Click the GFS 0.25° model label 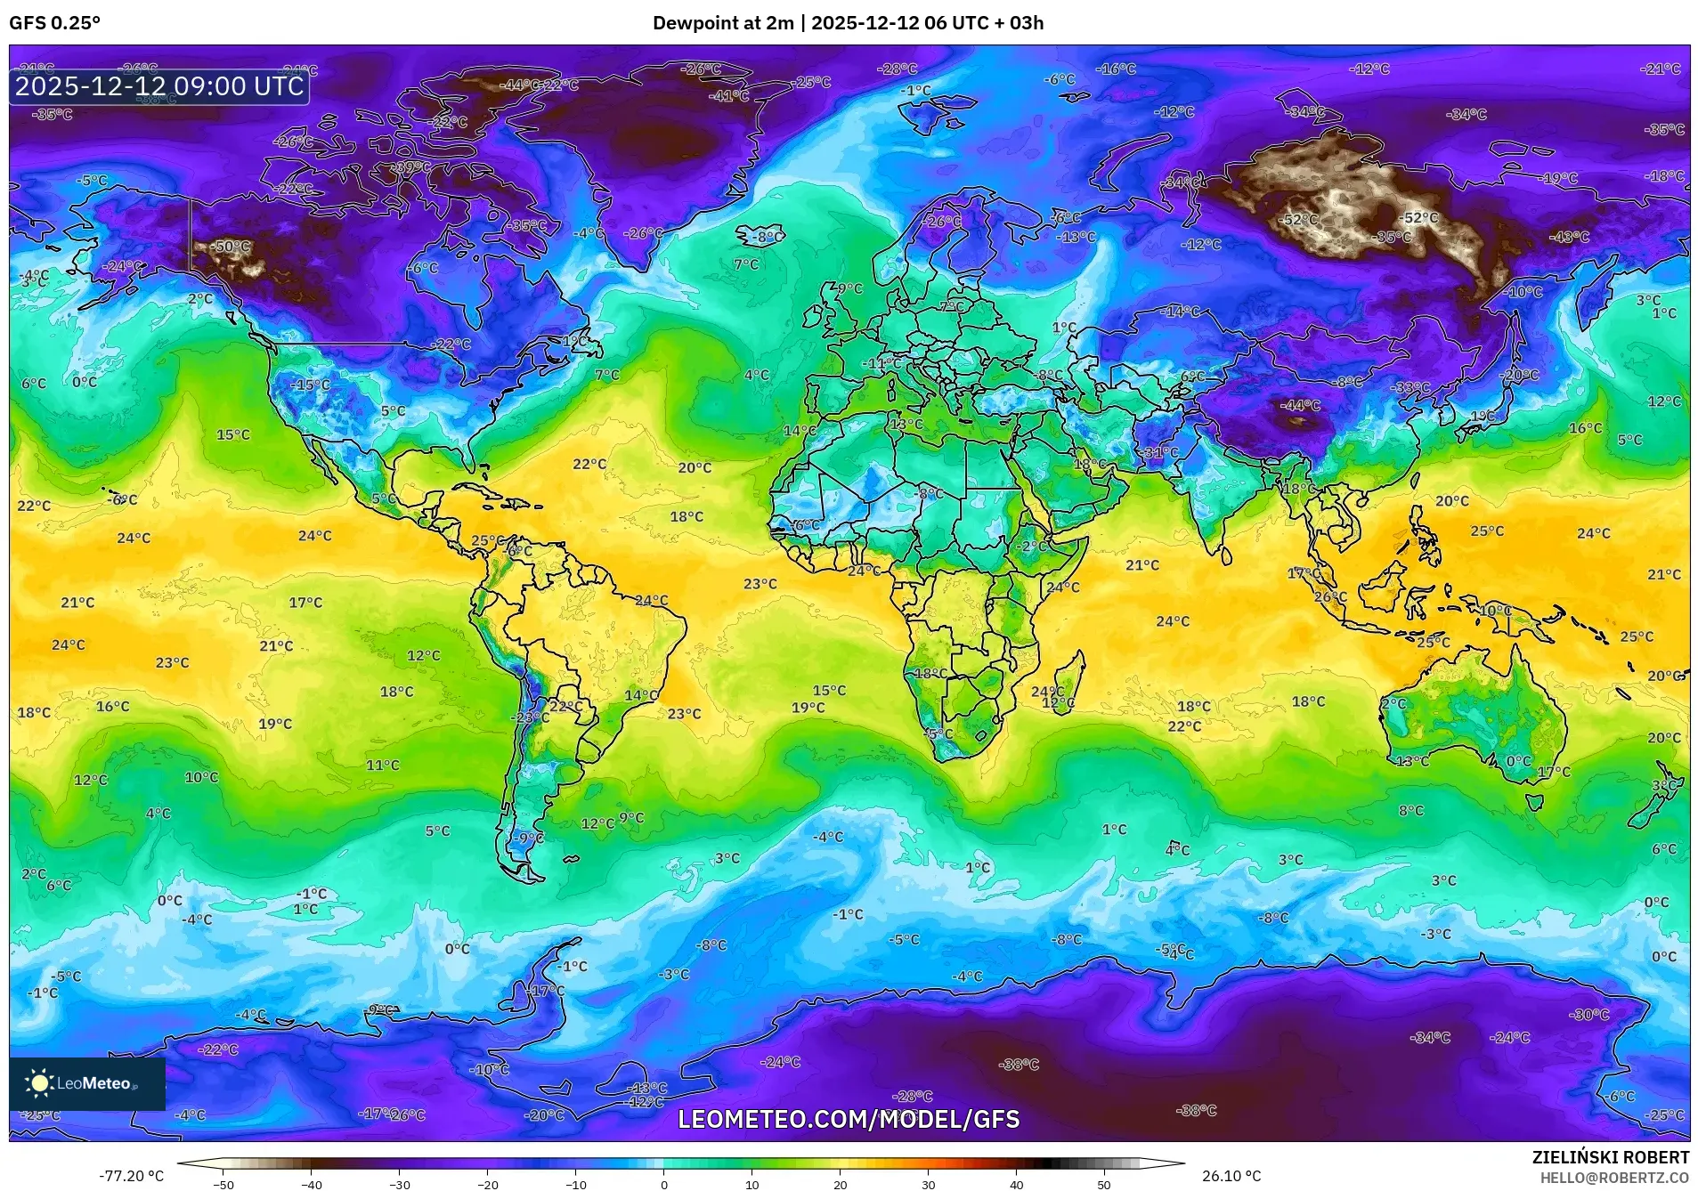tap(54, 23)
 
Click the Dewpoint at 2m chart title tap(848, 23)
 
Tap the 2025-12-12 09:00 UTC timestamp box tap(159, 86)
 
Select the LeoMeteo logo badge tap(87, 1083)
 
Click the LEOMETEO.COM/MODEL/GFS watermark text tap(849, 1119)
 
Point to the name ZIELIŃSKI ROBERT tap(1610, 1157)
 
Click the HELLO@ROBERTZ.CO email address tap(1614, 1177)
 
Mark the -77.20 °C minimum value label tap(132, 1176)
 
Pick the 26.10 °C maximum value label tap(1231, 1176)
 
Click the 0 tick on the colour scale tap(663, 1185)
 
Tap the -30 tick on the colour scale tap(400, 1185)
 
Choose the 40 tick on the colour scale tap(1016, 1185)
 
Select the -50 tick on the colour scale tap(223, 1185)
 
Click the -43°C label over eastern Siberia tap(1569, 237)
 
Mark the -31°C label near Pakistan tap(1160, 452)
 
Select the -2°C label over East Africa tap(1033, 546)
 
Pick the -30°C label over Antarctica tap(1589, 1015)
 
